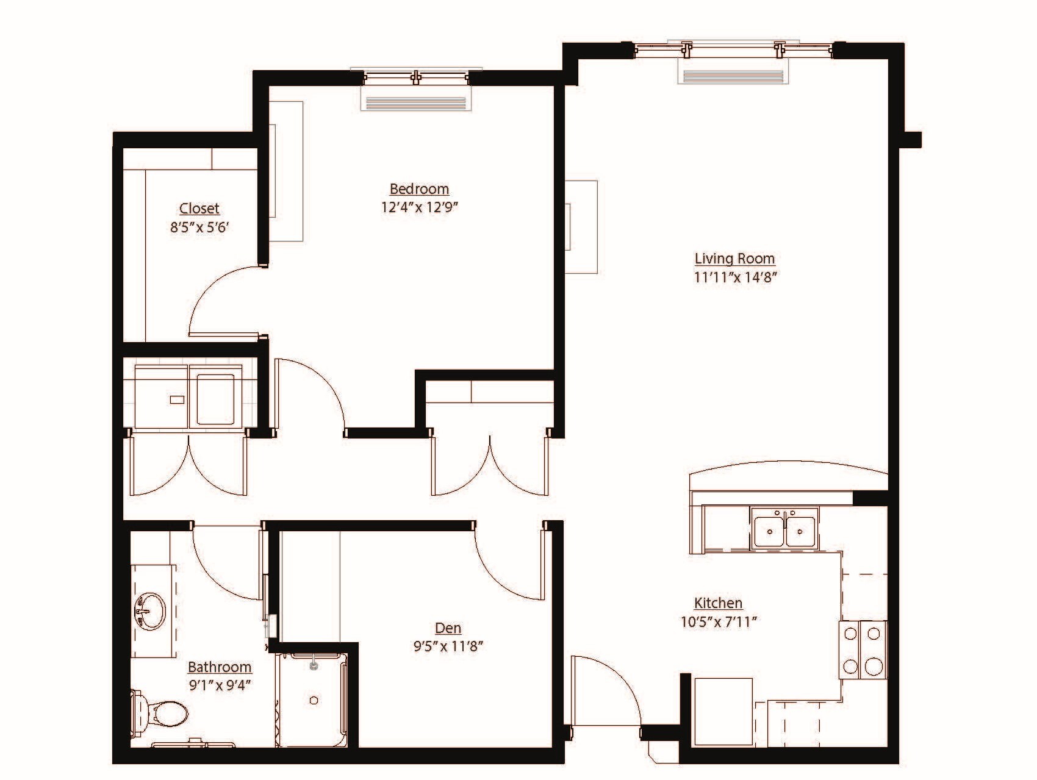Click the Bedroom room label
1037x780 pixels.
[419, 189]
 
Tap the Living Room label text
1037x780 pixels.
[734, 259]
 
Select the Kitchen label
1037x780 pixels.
[718, 603]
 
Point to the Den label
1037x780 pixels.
[448, 628]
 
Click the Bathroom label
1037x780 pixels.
[219, 667]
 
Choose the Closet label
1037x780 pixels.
[199, 209]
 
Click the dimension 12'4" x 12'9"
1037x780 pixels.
[419, 207]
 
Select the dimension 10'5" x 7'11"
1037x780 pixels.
[718, 622]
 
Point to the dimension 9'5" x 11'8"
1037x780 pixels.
[448, 646]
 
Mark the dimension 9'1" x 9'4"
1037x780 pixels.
[219, 685]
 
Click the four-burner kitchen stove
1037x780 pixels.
[863, 650]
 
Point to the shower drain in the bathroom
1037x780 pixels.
[314, 701]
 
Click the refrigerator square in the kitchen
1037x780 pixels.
[723, 710]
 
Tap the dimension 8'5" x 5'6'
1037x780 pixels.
[199, 228]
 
